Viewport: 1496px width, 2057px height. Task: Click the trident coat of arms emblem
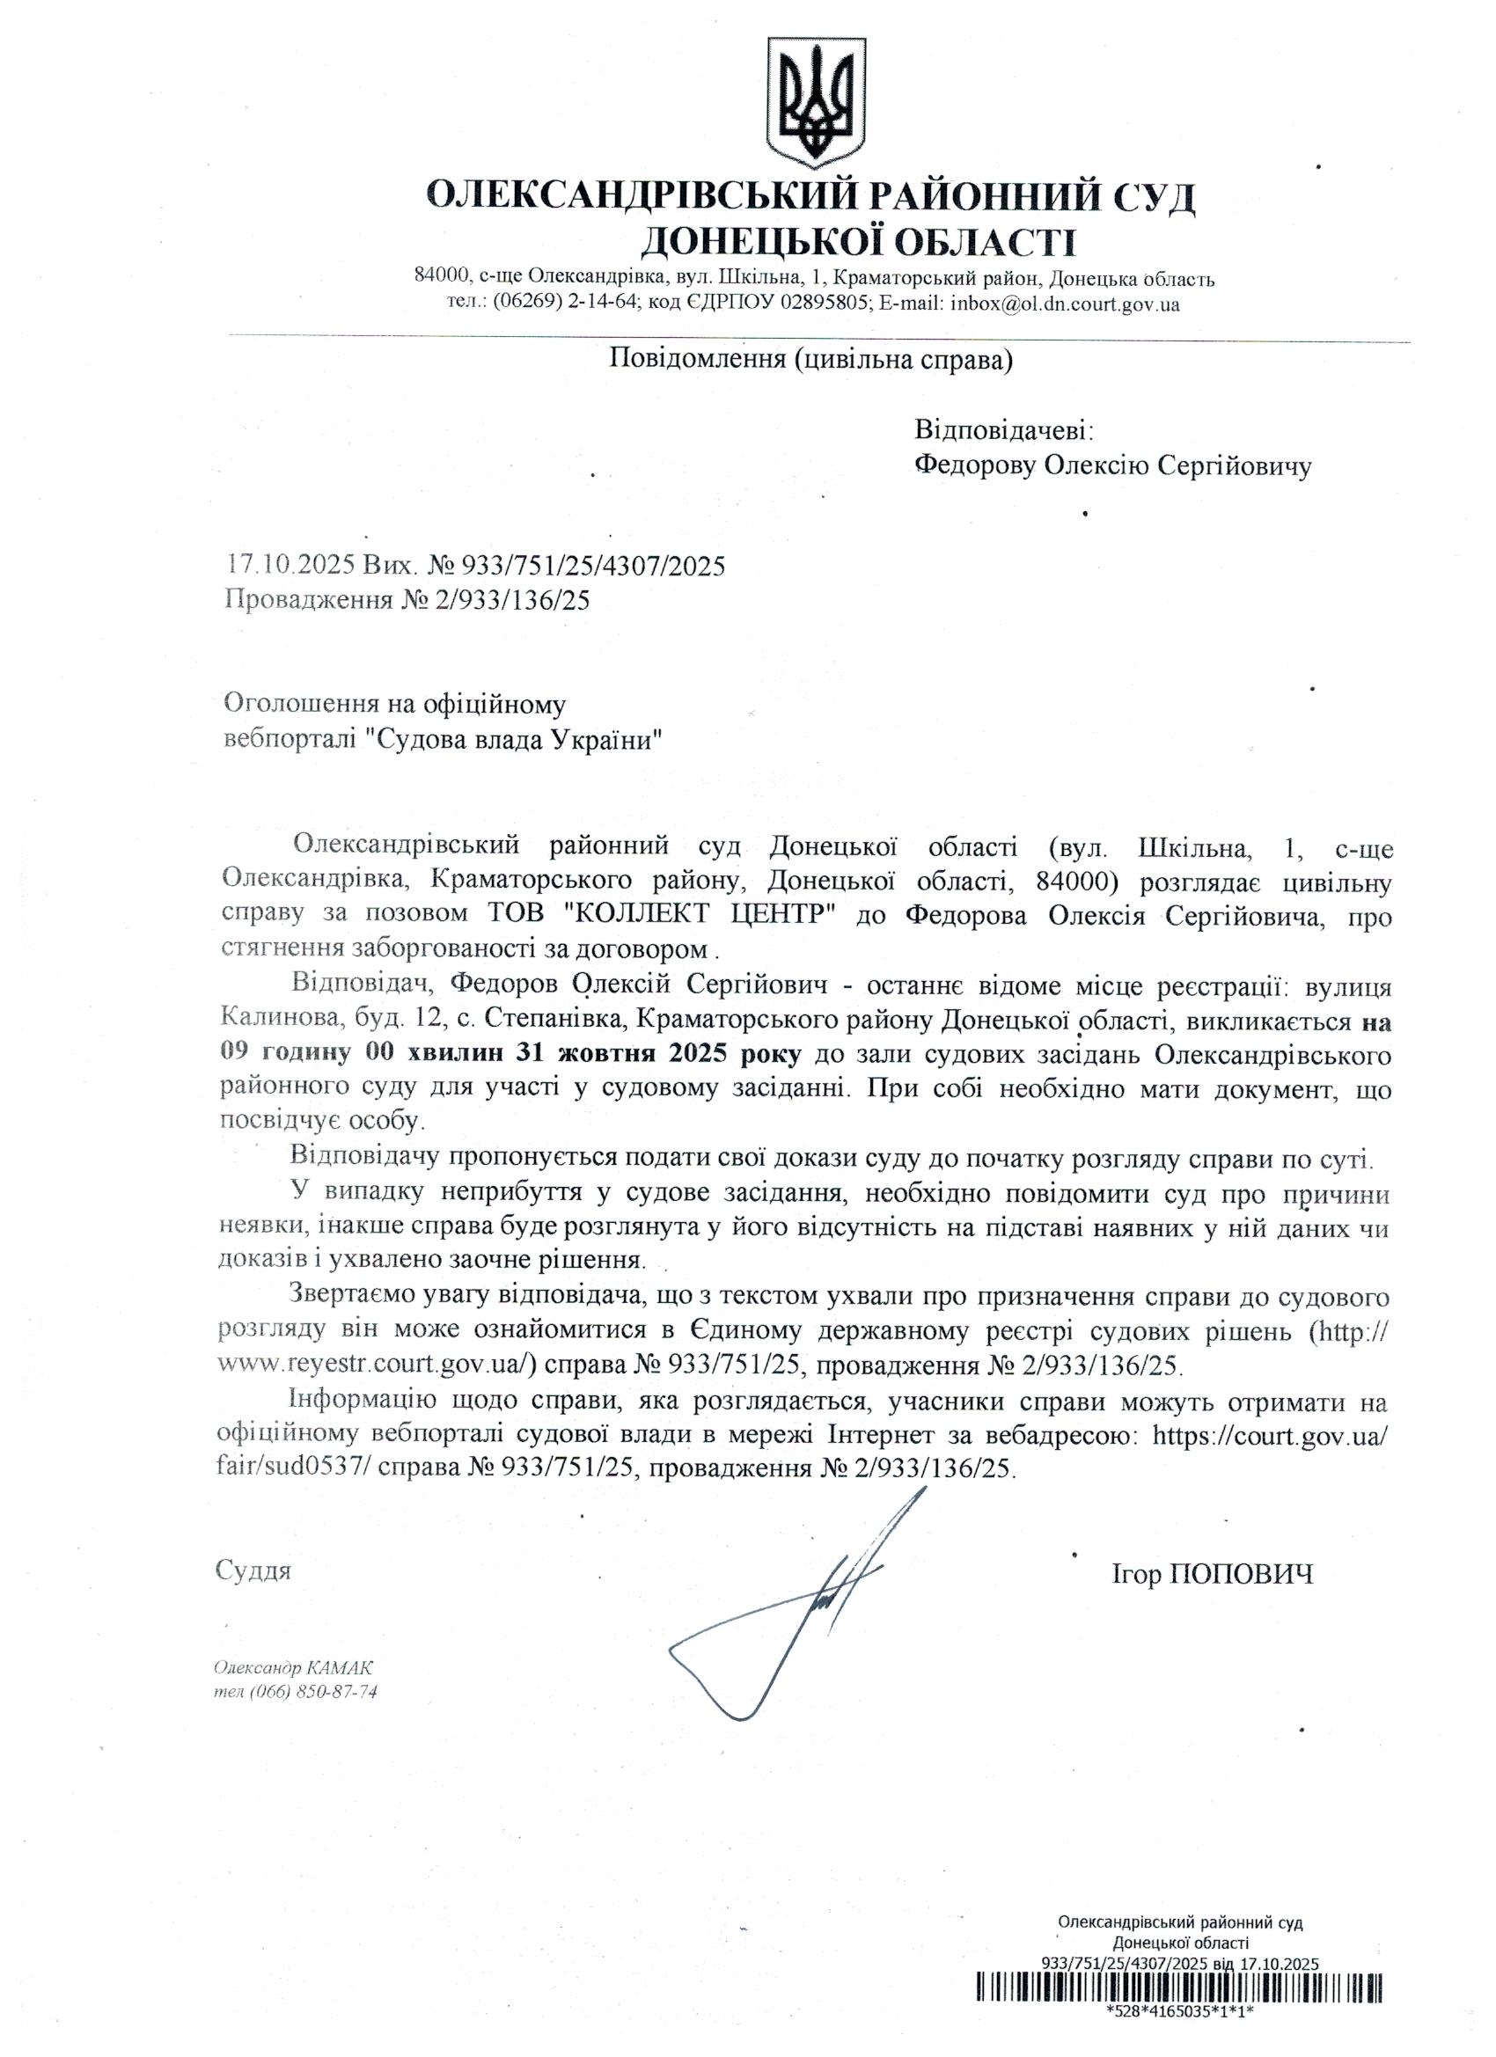point(817,100)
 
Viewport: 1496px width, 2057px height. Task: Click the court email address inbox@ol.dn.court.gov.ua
point(1065,304)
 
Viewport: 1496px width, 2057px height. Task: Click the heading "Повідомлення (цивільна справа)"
point(810,360)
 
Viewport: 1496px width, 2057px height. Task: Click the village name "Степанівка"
point(552,1021)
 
